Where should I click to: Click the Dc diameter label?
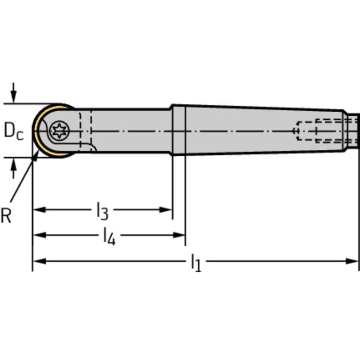click(x=14, y=131)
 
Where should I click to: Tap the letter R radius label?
click(x=6, y=215)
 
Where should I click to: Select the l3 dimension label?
click(x=102, y=211)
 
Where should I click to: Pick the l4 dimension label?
click(x=109, y=236)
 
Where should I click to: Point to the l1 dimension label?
click(x=196, y=263)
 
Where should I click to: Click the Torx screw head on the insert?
click(x=60, y=131)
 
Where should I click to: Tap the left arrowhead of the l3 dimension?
click(x=39, y=210)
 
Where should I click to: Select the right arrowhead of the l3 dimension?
click(x=166, y=210)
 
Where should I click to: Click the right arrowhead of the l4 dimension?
click(x=179, y=235)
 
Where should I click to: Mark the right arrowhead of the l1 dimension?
click(x=352, y=261)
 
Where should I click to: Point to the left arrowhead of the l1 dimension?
click(x=39, y=261)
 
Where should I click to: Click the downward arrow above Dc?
click(x=14, y=93)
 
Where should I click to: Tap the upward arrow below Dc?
click(x=14, y=168)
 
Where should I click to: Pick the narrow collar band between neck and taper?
click(x=179, y=130)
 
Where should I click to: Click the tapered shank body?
click(x=264, y=130)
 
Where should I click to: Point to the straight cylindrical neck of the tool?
click(x=131, y=130)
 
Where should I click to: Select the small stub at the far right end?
click(x=353, y=130)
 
